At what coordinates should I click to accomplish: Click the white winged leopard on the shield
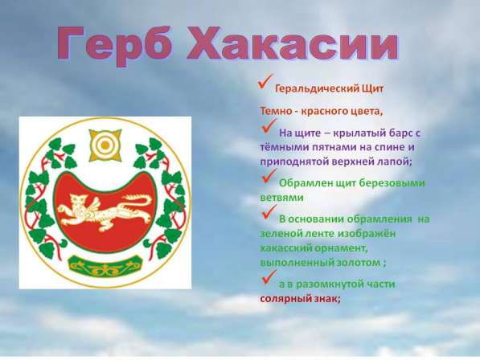[x=104, y=211]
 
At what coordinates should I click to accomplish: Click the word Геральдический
[x=314, y=90]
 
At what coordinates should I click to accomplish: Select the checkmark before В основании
[x=268, y=214]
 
